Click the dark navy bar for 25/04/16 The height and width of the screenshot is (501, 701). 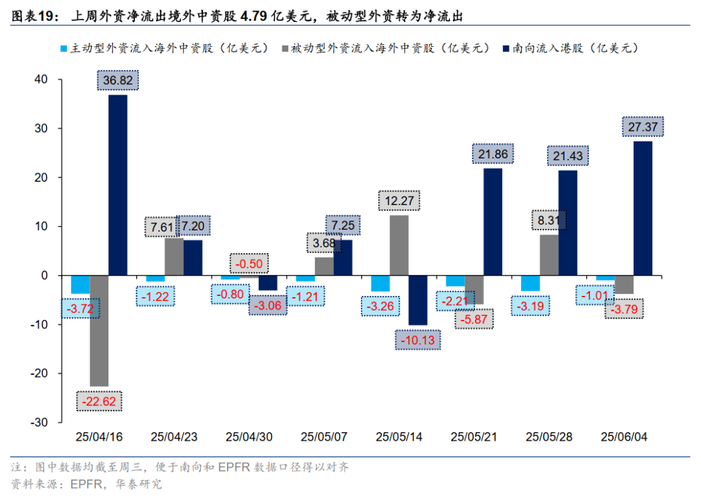[x=117, y=185]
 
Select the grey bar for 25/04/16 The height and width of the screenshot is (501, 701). [x=99, y=330]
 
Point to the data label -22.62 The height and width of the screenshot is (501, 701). [x=99, y=402]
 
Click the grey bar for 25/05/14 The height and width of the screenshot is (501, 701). [x=399, y=245]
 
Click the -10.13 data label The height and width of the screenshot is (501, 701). [x=418, y=339]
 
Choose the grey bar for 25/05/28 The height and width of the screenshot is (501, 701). [x=548, y=255]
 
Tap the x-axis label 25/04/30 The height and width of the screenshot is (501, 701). [x=249, y=437]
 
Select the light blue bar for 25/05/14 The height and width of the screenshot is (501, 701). [x=380, y=284]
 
